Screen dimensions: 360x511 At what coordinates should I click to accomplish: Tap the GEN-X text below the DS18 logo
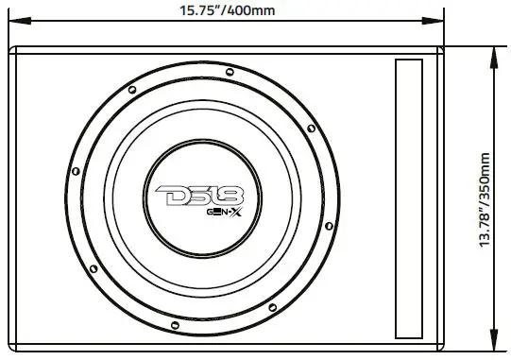[225, 214]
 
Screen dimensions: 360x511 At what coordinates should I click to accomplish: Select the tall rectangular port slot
[410, 198]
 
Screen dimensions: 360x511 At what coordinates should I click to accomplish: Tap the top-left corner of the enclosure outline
[11, 48]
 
